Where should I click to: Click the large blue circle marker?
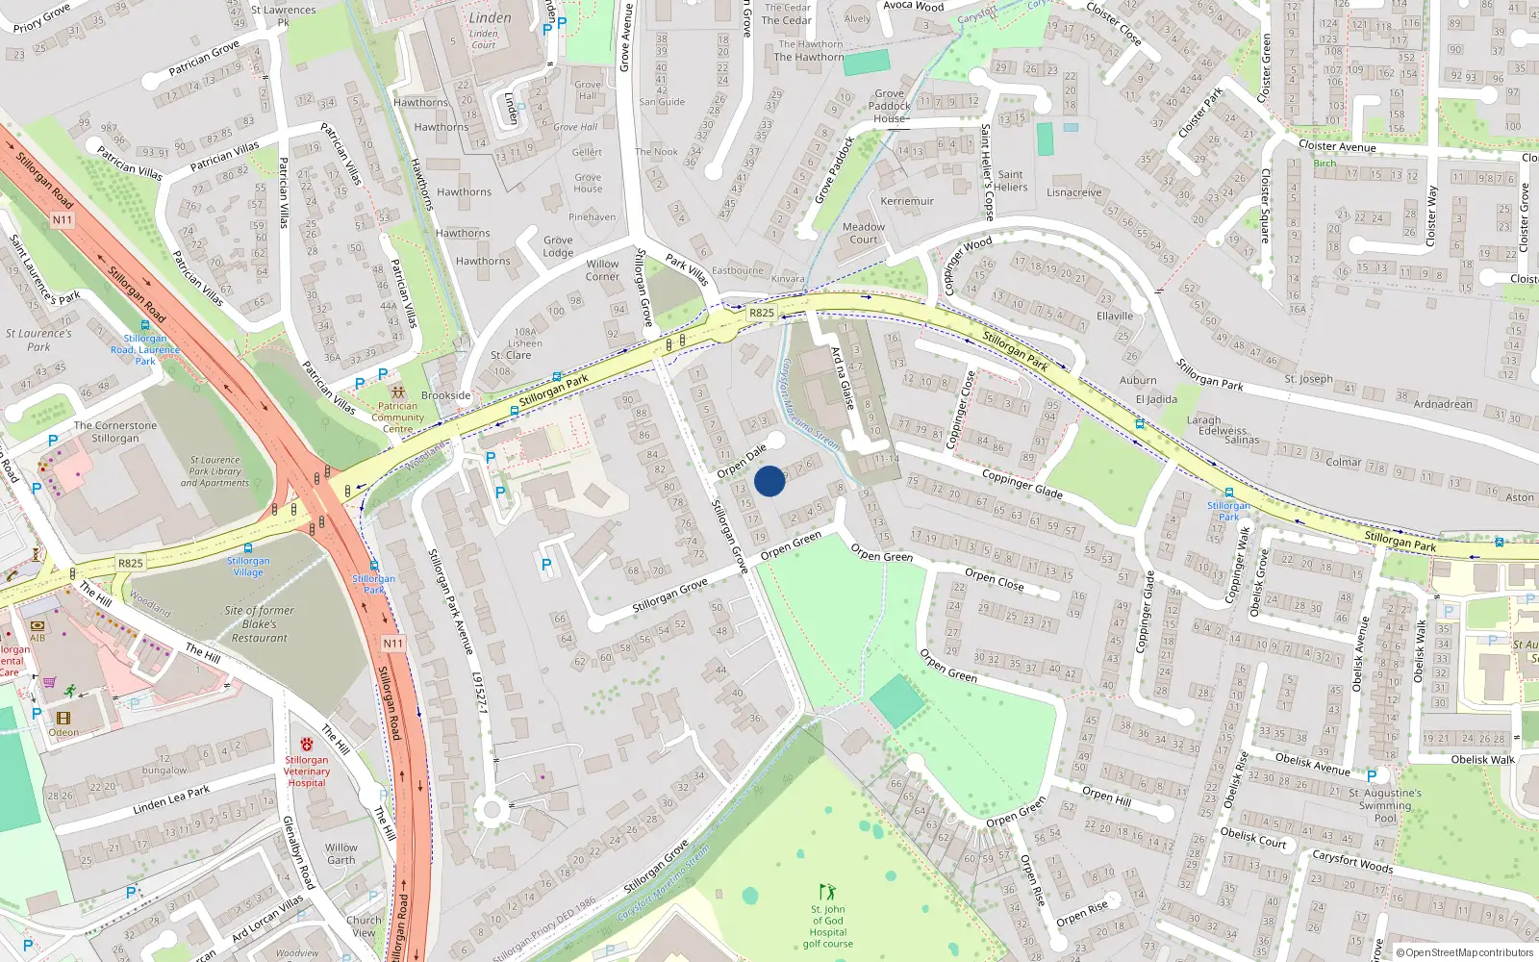[x=769, y=481]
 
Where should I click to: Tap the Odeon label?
[x=63, y=732]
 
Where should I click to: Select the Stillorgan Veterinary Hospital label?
[x=307, y=772]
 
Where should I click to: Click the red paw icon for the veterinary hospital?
[x=307, y=745]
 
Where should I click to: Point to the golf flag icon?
[x=827, y=892]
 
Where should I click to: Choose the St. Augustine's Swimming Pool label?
[x=1385, y=805]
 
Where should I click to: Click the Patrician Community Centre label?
[x=397, y=418]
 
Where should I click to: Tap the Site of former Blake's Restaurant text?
[x=259, y=623]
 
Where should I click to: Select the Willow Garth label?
[x=341, y=853]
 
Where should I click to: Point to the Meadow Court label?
[x=864, y=234]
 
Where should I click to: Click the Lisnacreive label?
[x=1074, y=192]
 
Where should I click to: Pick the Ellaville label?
[x=1115, y=316]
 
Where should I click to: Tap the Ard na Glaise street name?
[x=843, y=378]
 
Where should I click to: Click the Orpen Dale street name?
[x=742, y=461]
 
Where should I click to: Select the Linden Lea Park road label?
[x=171, y=799]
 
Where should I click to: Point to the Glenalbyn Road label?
[x=298, y=851]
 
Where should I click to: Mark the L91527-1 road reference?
[x=480, y=693]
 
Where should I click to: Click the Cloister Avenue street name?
[x=1337, y=146]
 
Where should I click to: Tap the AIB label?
[x=38, y=638]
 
